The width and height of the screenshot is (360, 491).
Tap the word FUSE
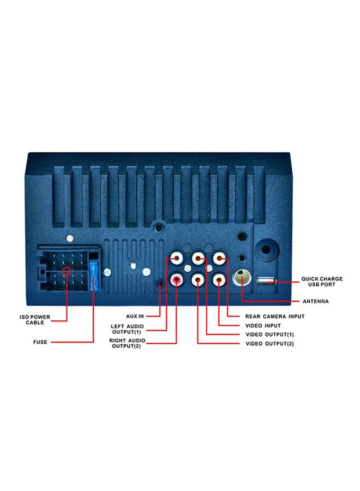(40, 342)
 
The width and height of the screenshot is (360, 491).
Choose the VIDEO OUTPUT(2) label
(270, 344)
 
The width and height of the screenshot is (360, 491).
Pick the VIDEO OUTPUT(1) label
(270, 334)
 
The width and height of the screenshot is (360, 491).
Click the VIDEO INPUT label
(264, 325)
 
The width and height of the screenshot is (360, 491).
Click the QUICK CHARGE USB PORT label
(322, 282)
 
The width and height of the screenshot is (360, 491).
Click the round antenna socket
(241, 278)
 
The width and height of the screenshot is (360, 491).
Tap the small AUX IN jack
(159, 284)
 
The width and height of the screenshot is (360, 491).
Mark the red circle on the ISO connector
(67, 271)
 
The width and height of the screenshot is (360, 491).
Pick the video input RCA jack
(219, 280)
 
